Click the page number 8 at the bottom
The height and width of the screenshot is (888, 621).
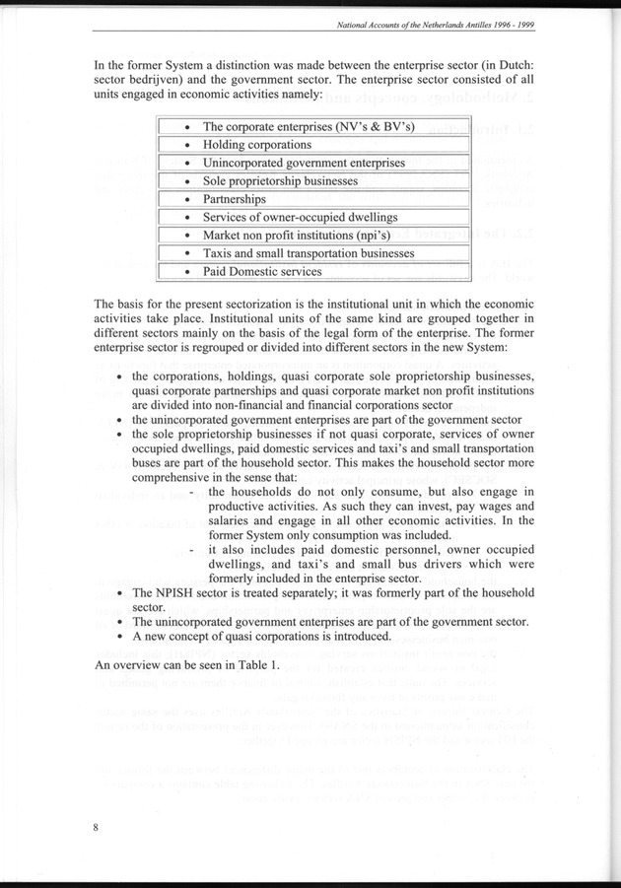96,827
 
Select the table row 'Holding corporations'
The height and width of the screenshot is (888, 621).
256,145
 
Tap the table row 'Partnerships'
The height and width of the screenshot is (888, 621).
234,199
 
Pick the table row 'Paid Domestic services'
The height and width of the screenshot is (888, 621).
261,271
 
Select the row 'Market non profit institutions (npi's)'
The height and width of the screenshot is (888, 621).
301,236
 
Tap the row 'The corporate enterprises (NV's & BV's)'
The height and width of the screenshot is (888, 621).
308,127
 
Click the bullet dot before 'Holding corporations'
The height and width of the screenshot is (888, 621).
186,146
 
